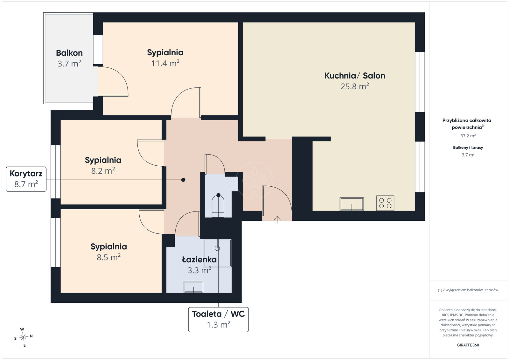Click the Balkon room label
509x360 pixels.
pos(69,53)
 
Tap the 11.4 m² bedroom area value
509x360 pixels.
pos(165,63)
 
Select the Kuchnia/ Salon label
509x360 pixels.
pos(355,76)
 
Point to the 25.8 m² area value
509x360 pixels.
pos(355,86)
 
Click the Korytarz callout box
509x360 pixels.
pos(26,179)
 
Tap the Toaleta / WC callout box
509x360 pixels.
pos(218,320)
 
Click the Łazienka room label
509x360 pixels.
pos(199,260)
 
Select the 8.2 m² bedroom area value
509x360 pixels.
pos(103,170)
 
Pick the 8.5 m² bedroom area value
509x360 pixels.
pos(108,257)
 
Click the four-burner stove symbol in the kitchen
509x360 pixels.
pos(385,203)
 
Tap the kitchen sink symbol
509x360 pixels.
pos(352,204)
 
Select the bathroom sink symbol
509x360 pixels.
pos(193,287)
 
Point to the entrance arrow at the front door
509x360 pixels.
pos(277,220)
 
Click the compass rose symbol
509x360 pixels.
pos(24,337)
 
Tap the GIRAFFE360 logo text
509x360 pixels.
pos(468,345)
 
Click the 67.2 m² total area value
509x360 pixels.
pos(468,135)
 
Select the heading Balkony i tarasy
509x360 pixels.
pos(468,148)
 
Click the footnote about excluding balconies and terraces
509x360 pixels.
pos(468,290)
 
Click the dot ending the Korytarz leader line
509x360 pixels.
pos(183,180)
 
